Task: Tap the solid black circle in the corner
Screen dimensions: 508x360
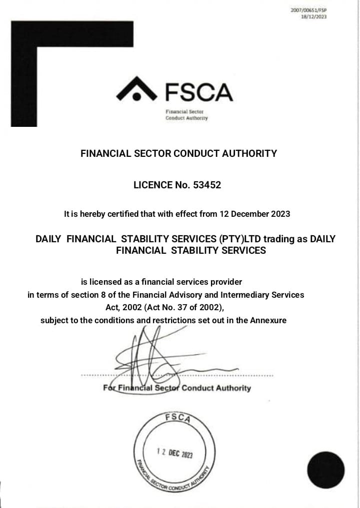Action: [x=325, y=470]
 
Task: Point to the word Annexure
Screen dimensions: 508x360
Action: [x=268, y=320]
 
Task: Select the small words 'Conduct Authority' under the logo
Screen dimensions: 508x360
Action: [x=186, y=118]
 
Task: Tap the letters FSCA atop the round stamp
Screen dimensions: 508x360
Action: [x=177, y=418]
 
